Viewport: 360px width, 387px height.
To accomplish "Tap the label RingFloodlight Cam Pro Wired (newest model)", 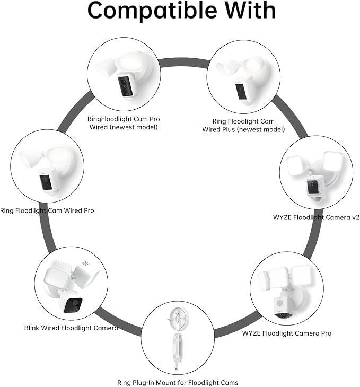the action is pyautogui.click(x=124, y=123).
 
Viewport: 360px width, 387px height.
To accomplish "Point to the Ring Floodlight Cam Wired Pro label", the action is pyautogui.click(x=47, y=210).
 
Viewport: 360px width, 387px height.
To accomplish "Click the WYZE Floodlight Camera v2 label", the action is pyautogui.click(x=316, y=217).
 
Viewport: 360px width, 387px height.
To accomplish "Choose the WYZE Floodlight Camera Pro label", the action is pyautogui.click(x=287, y=333).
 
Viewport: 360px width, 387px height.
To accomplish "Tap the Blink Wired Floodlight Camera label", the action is pyautogui.click(x=71, y=328).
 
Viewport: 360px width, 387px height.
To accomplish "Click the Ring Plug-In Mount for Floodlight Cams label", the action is pyautogui.click(x=178, y=383).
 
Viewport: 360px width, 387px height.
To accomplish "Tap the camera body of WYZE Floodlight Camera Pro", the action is pyautogui.click(x=283, y=308).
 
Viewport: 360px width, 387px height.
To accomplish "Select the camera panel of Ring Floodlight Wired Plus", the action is pyautogui.click(x=240, y=91).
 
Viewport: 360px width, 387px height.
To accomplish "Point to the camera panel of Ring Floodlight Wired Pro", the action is pyautogui.click(x=46, y=182).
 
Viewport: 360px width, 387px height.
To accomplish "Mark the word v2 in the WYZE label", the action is pyautogui.click(x=355, y=217).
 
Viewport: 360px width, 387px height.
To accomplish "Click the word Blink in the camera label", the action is pyautogui.click(x=32, y=328).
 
